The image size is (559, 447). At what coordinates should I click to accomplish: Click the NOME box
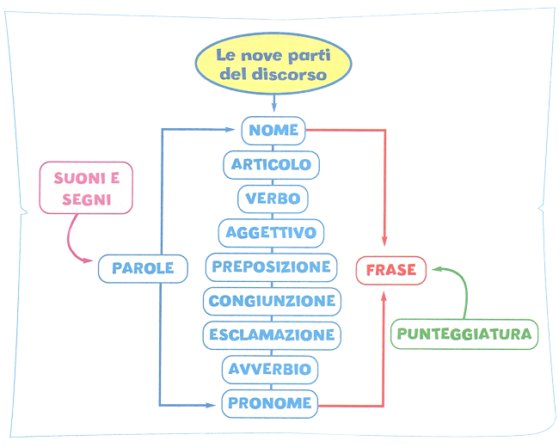point(273,131)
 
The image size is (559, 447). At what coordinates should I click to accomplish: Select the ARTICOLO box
point(272,164)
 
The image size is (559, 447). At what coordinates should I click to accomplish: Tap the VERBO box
point(273,199)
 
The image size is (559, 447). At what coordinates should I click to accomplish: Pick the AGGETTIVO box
point(272,232)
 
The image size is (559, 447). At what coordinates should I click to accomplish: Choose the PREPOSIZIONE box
point(272,266)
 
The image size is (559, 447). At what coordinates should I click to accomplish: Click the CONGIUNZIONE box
point(272,301)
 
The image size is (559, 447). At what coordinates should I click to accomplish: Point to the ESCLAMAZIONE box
point(272,334)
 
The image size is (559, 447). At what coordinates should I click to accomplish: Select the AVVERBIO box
point(272,369)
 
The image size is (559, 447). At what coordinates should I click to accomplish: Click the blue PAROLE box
point(143,268)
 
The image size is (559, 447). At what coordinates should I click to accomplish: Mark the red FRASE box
point(390,270)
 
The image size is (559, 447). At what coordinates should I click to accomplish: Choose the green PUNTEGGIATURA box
point(464,334)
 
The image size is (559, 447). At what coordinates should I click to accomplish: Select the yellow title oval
point(272,65)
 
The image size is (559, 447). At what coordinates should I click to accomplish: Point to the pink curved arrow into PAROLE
point(76,241)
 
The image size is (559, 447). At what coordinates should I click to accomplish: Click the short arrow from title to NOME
point(273,103)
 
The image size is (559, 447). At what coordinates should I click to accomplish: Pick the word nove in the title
point(265,56)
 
